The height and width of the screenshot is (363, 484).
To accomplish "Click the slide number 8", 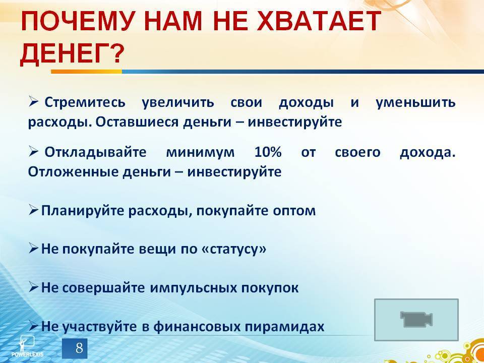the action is [79, 348].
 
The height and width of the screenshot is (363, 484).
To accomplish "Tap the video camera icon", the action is [416, 319].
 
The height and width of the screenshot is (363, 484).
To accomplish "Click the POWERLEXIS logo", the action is [27, 346].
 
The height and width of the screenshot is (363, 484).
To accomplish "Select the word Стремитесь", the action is [85, 103].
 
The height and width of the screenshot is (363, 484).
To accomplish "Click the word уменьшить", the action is [415, 103].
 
